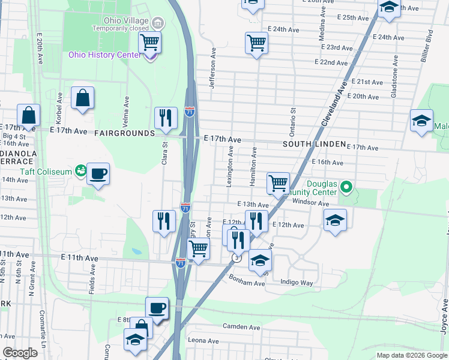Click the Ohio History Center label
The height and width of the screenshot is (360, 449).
(x=104, y=55)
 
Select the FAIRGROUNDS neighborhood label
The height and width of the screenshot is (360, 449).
(x=123, y=133)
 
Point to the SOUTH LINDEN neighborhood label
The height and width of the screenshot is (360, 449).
(x=314, y=145)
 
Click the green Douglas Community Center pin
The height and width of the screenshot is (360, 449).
(x=346, y=188)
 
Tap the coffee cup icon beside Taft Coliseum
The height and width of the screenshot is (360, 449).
(x=98, y=175)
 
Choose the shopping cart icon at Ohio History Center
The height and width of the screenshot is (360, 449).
(x=149, y=43)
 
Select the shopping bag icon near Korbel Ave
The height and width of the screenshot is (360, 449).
(x=82, y=98)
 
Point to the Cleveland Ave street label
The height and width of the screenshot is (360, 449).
(x=334, y=104)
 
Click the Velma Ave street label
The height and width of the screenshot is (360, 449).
(x=127, y=110)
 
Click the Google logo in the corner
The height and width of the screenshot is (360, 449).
(x=20, y=353)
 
